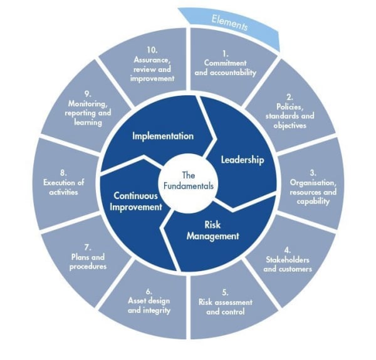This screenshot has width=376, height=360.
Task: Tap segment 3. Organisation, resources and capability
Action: [312, 187]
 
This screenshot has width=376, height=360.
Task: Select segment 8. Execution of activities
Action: [64, 183]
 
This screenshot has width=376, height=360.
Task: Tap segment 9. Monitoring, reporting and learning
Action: [86, 110]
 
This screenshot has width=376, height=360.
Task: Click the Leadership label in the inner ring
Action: [242, 159]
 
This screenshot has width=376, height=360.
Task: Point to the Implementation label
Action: [162, 135]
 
